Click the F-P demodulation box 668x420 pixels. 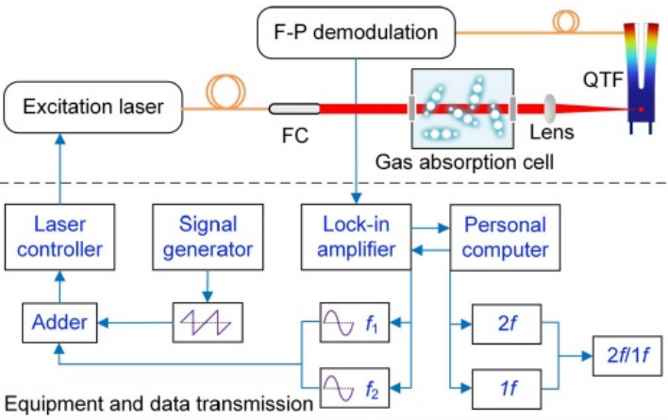click(x=356, y=33)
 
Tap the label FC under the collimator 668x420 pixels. click(x=295, y=134)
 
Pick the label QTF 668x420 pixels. click(x=604, y=80)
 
